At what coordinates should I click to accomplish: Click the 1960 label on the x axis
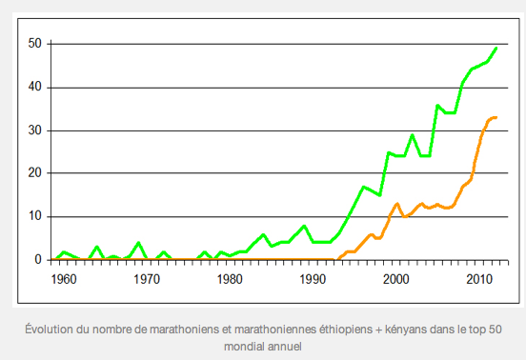click(64, 279)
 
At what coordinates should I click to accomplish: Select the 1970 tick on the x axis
click(147, 279)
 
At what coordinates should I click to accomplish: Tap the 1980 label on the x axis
click(230, 279)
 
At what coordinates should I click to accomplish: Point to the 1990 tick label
click(313, 279)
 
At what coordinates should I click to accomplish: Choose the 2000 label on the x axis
click(395, 279)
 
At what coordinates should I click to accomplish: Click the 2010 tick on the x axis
click(478, 279)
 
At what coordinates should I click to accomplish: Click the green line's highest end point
click(496, 48)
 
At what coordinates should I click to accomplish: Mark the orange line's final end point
click(496, 117)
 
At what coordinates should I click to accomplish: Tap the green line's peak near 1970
click(138, 243)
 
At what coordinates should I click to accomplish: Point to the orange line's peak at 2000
click(396, 204)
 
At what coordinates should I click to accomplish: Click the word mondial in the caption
click(245, 345)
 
